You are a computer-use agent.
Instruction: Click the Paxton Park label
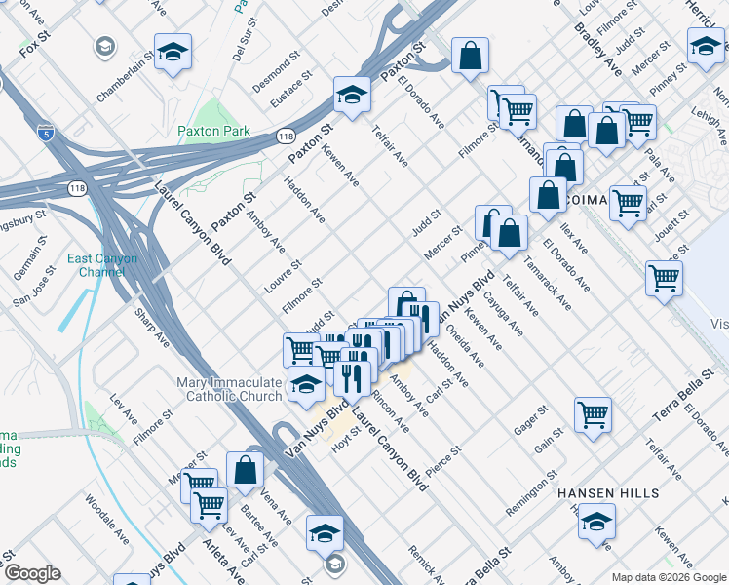pyautogui.click(x=213, y=131)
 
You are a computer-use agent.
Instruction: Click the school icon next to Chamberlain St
pyautogui.click(x=173, y=53)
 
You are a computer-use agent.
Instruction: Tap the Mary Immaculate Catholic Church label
pyautogui.click(x=230, y=389)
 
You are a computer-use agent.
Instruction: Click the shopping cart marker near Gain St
pyautogui.click(x=593, y=415)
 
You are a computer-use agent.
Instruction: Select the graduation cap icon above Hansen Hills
pyautogui.click(x=596, y=522)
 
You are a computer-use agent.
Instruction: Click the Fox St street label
pyautogui.click(x=34, y=45)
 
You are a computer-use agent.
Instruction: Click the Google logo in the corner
pyautogui.click(x=32, y=573)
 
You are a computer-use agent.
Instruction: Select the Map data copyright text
pyautogui.click(x=669, y=577)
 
